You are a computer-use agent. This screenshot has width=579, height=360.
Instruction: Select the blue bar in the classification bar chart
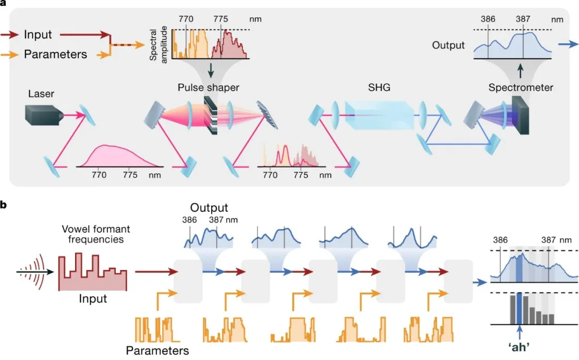point(519,308)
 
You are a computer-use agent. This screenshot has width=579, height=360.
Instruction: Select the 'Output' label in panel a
point(448,46)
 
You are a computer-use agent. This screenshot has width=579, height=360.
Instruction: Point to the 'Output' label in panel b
point(210,207)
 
